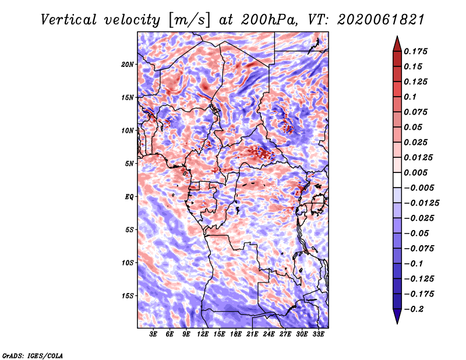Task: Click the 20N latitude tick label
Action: coord(128,65)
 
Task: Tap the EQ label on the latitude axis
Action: coord(129,197)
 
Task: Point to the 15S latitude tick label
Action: coord(128,296)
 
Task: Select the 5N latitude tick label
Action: coord(129,164)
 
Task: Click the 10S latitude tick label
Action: coord(128,263)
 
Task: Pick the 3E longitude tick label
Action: coord(153,334)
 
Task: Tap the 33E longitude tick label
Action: coord(318,334)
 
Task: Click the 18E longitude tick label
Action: coord(236,334)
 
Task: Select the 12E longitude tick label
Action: coord(203,334)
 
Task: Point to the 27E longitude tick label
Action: coord(285,334)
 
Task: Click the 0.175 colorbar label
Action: coord(415,51)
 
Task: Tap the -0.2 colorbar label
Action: coord(414,309)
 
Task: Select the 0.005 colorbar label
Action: coord(415,172)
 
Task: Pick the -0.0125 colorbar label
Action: coord(421,203)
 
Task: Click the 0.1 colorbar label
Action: coord(410,97)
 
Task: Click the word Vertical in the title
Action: coord(69,20)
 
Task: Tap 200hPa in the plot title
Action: coord(269,20)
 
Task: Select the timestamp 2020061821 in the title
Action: coord(381,20)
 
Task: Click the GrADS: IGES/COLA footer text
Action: coord(33,355)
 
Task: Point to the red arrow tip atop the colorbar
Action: coord(397,37)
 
